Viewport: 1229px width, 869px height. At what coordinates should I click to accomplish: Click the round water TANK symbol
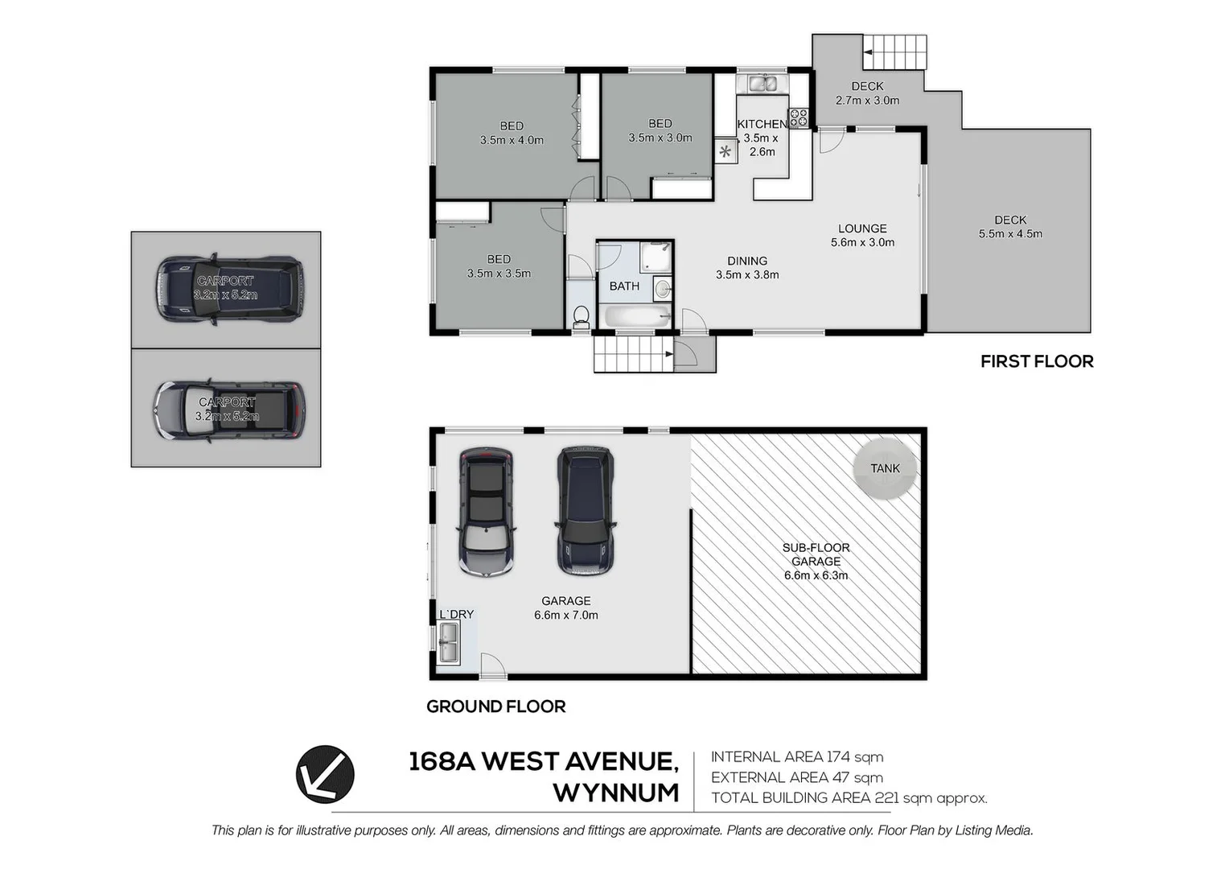click(885, 468)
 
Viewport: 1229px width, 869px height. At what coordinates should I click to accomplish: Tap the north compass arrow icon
click(325, 774)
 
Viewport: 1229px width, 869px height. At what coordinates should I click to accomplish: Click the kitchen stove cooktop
click(798, 118)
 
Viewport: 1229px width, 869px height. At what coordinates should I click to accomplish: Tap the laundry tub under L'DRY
click(447, 644)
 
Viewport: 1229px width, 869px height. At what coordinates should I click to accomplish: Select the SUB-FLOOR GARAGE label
click(816, 554)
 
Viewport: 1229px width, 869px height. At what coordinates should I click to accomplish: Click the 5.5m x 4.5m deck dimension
click(1010, 234)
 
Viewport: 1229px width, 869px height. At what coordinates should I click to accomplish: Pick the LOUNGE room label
click(862, 229)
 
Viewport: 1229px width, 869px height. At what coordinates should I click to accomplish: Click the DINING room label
click(747, 261)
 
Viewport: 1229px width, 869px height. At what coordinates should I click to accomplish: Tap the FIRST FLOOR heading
click(1037, 362)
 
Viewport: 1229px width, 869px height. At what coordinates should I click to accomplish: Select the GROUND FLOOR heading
click(495, 706)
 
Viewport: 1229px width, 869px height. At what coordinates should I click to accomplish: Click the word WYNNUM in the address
click(616, 793)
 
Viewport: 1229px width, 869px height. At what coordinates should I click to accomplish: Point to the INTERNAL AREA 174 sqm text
click(797, 757)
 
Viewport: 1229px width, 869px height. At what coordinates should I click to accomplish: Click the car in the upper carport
click(230, 290)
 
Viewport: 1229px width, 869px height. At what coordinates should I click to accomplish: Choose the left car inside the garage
click(486, 512)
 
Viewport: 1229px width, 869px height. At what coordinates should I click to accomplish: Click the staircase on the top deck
click(895, 52)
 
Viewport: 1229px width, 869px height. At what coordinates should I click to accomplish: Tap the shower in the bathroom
click(656, 257)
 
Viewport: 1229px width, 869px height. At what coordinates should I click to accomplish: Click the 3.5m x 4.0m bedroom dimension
click(512, 140)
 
